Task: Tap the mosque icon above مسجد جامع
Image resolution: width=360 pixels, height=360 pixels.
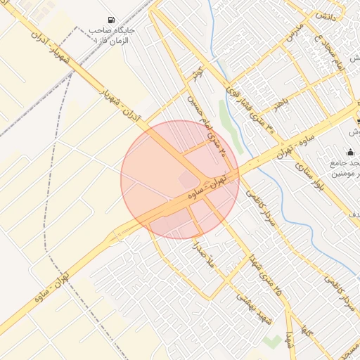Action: point(350,152)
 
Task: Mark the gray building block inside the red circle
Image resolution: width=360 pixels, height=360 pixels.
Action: point(188,181)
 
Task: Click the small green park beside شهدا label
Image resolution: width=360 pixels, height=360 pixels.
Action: point(273,342)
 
